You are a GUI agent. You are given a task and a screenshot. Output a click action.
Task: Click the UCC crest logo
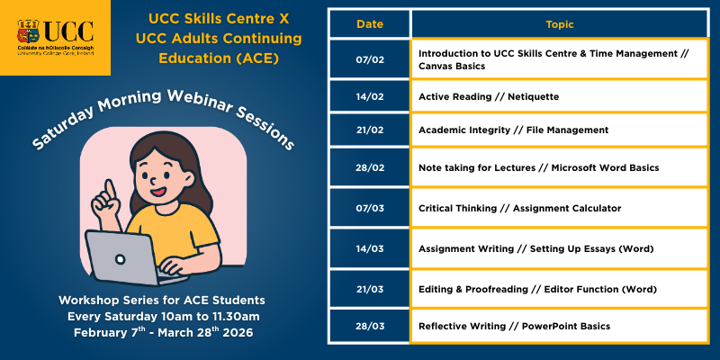[31, 32]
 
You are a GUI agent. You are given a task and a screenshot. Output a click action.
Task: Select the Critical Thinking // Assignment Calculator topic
[519, 208]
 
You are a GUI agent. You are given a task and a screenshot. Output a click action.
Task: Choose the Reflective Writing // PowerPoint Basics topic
[514, 325]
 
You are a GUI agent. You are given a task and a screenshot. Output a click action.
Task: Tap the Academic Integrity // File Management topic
[513, 130]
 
